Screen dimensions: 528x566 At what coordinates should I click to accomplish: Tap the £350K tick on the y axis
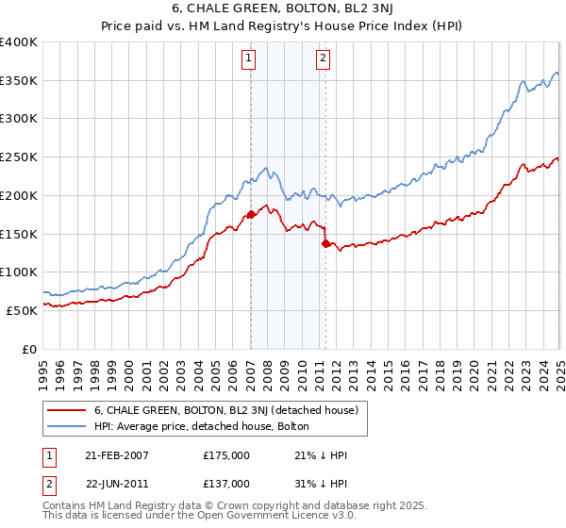pyautogui.click(x=20, y=81)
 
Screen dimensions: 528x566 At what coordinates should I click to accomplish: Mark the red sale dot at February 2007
pyautogui.click(x=251, y=215)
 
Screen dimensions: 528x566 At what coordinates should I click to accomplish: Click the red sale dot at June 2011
pyautogui.click(x=326, y=244)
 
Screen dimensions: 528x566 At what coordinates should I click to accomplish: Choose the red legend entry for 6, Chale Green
pyautogui.click(x=225, y=410)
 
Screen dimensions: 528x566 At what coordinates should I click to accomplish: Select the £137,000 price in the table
pyautogui.click(x=225, y=483)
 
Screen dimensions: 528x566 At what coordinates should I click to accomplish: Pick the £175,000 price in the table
pyautogui.click(x=225, y=454)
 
